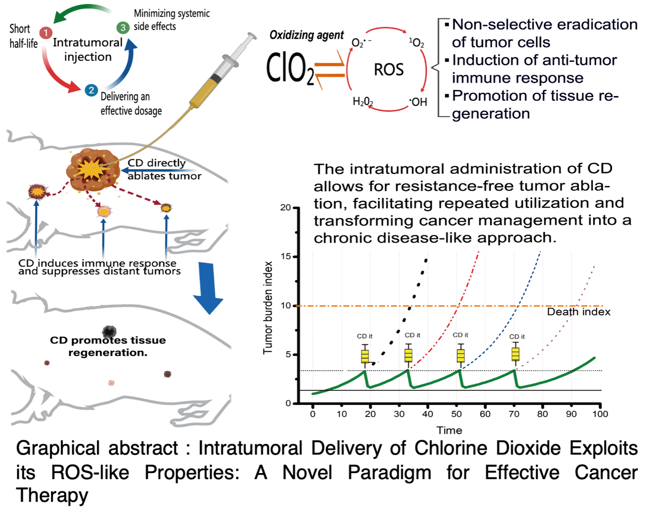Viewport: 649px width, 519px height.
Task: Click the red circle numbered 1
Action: click(x=45, y=33)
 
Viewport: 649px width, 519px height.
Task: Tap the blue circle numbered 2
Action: click(x=91, y=90)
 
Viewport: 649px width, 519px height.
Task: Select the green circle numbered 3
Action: click(x=123, y=28)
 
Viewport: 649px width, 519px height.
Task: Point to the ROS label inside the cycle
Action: click(x=389, y=70)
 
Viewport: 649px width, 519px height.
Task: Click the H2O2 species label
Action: click(x=363, y=102)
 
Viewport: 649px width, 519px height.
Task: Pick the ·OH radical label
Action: click(x=418, y=102)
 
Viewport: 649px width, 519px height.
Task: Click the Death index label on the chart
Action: click(x=578, y=312)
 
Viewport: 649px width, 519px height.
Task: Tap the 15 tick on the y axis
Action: click(x=286, y=256)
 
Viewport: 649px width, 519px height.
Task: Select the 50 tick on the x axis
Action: click(x=456, y=414)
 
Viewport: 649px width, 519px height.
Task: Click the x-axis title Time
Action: click(x=449, y=430)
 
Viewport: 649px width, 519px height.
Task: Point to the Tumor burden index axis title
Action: click(x=268, y=308)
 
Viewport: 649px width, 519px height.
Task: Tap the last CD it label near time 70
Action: click(x=517, y=336)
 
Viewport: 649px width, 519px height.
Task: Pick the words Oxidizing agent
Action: click(x=306, y=35)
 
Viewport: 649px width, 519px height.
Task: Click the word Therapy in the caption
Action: click(x=52, y=495)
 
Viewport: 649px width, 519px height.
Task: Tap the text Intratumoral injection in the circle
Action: click(x=88, y=50)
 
